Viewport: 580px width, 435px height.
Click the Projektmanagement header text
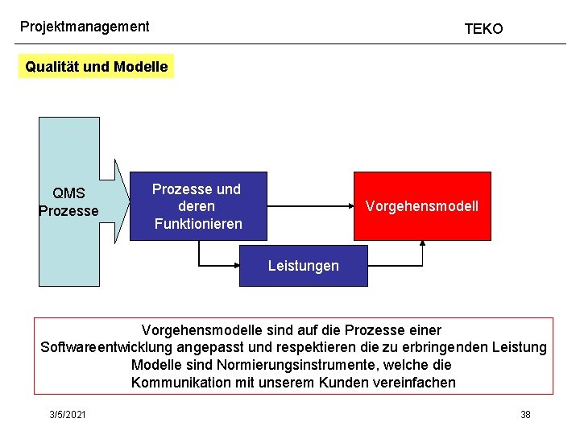pos(85,27)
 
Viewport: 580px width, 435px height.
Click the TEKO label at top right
pos(483,29)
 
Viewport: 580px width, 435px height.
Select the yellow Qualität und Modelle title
pos(97,67)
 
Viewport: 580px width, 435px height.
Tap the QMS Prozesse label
pos(68,202)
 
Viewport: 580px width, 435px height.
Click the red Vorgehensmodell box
pos(422,206)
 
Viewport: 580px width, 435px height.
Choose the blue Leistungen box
pos(303,266)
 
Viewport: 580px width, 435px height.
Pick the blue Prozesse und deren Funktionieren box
pos(197,206)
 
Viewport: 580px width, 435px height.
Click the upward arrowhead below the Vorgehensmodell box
pos(422,245)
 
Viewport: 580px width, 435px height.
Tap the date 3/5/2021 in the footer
pos(68,414)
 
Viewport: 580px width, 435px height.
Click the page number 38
pos(525,414)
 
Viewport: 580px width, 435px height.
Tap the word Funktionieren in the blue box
pos(198,223)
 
